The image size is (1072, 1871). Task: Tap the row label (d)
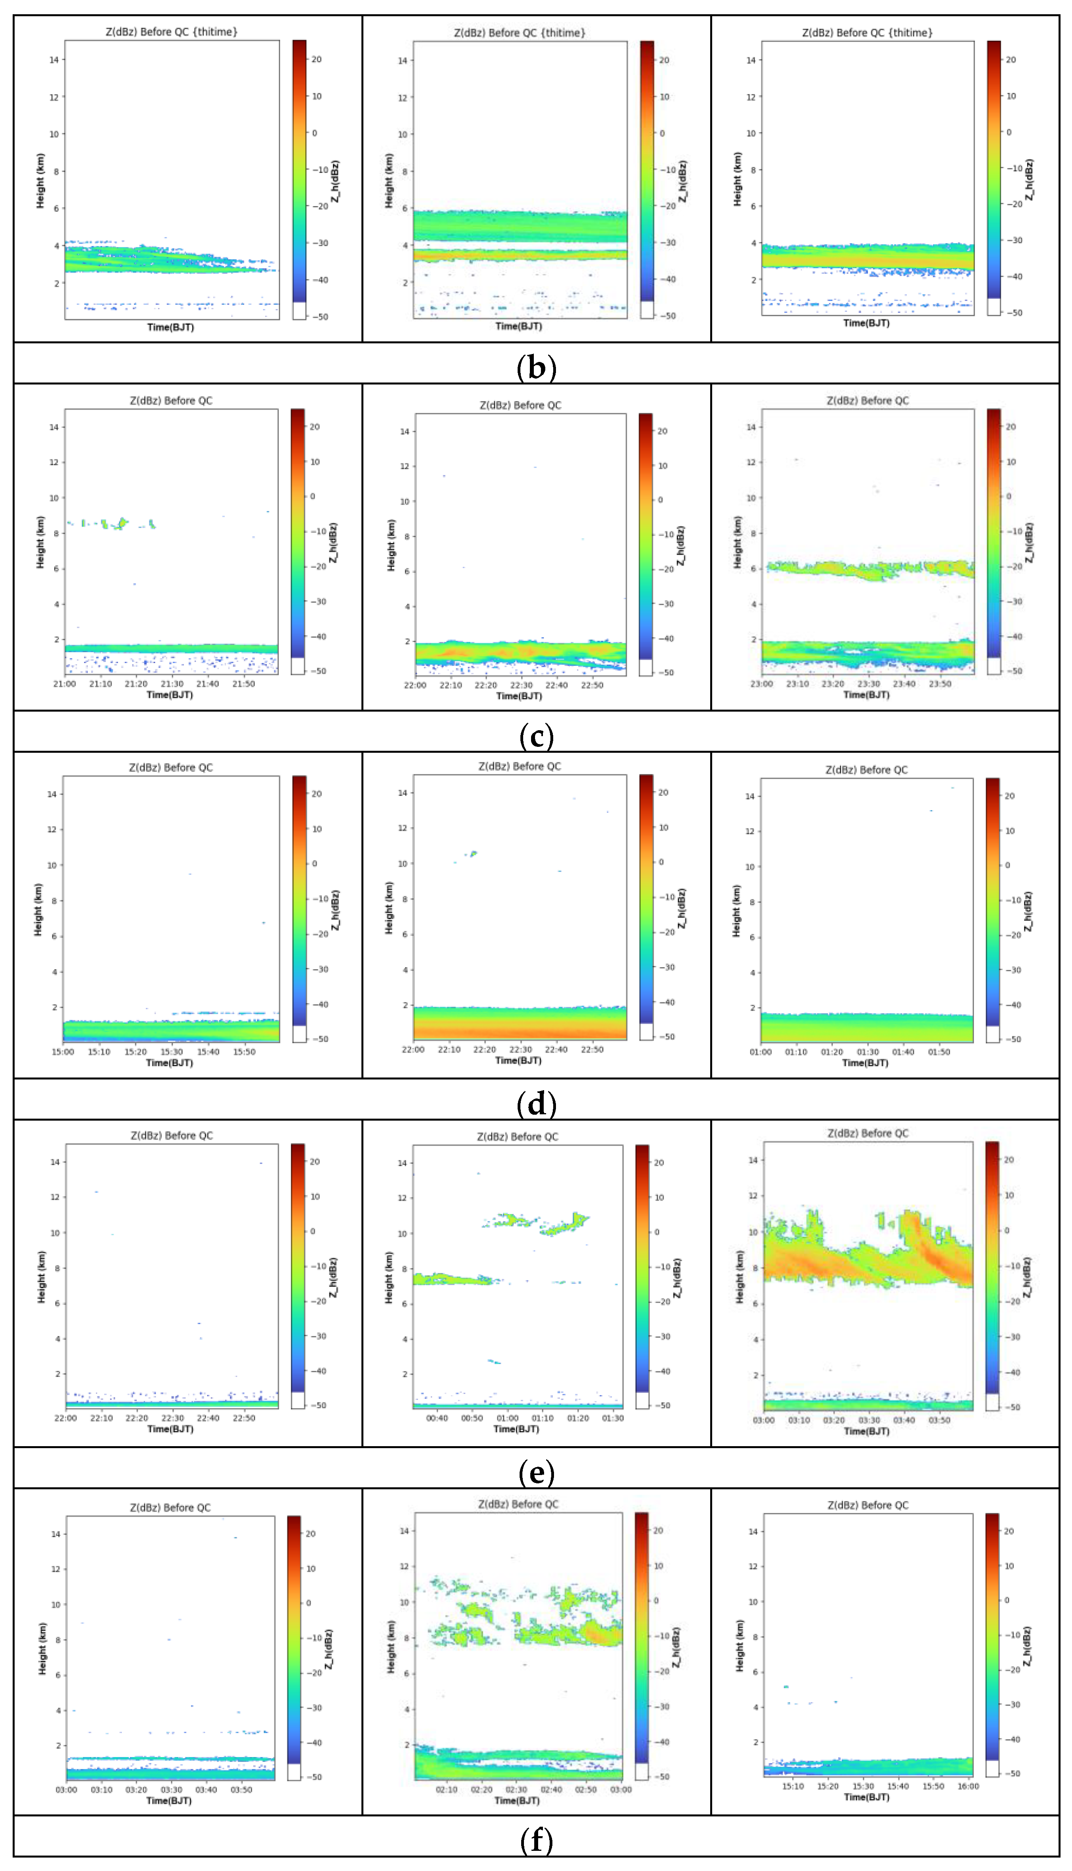(x=536, y=1104)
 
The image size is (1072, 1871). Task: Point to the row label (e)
(x=536, y=1472)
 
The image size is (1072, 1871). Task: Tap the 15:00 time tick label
(x=63, y=1051)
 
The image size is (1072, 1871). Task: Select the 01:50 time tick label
(x=939, y=1051)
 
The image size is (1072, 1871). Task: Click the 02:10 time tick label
(x=446, y=1789)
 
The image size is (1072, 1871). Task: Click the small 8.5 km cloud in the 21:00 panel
(x=118, y=524)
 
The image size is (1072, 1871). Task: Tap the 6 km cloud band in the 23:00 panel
(x=869, y=568)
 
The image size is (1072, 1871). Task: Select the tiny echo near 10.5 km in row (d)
(x=473, y=853)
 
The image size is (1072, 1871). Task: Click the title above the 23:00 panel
(x=867, y=401)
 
